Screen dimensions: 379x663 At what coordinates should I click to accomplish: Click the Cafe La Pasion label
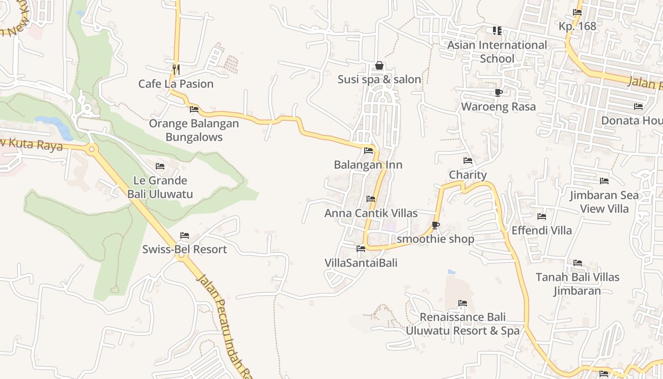[176, 84]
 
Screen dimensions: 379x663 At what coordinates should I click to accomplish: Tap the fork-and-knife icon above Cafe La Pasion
[176, 70]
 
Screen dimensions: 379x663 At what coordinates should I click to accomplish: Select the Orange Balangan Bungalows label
[194, 130]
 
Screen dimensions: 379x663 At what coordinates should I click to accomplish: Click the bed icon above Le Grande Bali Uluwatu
[160, 166]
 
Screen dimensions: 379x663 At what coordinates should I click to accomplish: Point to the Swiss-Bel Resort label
[185, 249]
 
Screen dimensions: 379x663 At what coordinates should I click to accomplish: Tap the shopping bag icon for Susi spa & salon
[379, 66]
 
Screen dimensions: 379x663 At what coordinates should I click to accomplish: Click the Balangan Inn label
[368, 165]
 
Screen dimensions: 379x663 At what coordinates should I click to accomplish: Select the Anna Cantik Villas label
[371, 213]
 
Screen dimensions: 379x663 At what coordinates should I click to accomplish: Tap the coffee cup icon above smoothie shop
[436, 225]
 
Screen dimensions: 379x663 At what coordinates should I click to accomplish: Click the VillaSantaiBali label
[361, 262]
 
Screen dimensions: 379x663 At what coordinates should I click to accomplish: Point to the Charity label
[468, 175]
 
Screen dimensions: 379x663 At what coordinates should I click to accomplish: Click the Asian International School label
[497, 52]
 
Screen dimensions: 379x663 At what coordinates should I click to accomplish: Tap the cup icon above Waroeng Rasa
[498, 92]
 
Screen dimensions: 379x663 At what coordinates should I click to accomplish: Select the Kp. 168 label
[577, 26]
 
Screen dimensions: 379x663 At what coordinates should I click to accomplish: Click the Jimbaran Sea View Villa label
[604, 202]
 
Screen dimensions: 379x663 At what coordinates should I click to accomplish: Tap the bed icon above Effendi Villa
[542, 217]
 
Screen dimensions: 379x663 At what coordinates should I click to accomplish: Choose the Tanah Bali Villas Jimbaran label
[577, 284]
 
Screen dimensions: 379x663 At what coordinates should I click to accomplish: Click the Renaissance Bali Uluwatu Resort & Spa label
[462, 324]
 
